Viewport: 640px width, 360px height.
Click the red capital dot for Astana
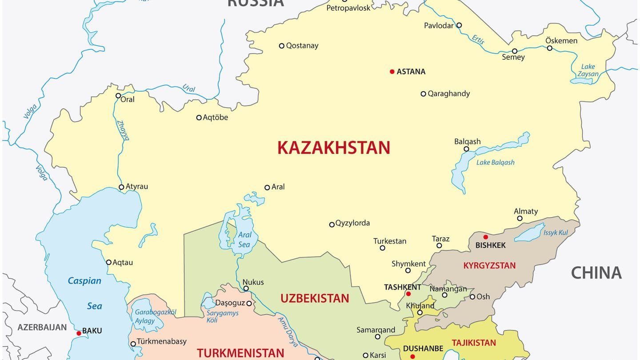pyautogui.click(x=392, y=72)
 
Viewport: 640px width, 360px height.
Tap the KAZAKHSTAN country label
pyautogui.click(x=333, y=148)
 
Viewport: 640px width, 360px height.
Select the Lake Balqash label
pyautogui.click(x=495, y=163)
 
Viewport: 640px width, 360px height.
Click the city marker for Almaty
pyautogui.click(x=520, y=218)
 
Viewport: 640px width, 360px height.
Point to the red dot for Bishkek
pyautogui.click(x=485, y=237)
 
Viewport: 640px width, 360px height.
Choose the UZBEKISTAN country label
pyautogui.click(x=315, y=298)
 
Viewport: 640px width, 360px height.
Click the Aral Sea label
pyautogui.click(x=244, y=240)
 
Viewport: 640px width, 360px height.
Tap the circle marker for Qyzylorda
pyautogui.click(x=332, y=224)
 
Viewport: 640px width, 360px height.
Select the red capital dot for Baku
pyautogui.click(x=79, y=333)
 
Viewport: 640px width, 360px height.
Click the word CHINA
pyautogui.click(x=596, y=272)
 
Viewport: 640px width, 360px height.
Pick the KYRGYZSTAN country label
pyautogui.click(x=489, y=266)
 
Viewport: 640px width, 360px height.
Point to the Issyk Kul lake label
pyautogui.click(x=556, y=233)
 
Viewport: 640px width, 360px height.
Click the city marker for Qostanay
pyautogui.click(x=281, y=46)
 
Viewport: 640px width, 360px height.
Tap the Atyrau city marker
pyautogui.click(x=121, y=187)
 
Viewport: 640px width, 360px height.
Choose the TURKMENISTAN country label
pyautogui.click(x=240, y=353)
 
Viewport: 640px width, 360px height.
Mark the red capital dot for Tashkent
pyautogui.click(x=408, y=294)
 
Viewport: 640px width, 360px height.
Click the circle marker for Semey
pyautogui.click(x=515, y=51)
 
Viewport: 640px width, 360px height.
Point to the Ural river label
pyautogui.click(x=189, y=88)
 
